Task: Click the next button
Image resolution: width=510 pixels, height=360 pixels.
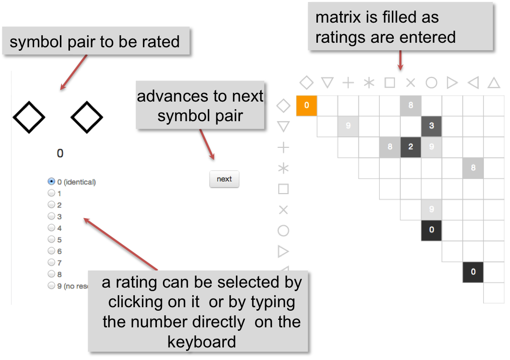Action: tap(224, 179)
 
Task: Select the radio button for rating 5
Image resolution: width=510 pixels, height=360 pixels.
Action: tap(51, 239)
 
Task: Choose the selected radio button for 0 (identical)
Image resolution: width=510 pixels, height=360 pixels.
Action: tap(51, 182)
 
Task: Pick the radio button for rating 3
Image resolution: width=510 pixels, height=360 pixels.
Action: tap(51, 216)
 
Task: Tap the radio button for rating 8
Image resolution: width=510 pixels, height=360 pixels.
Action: tap(51, 274)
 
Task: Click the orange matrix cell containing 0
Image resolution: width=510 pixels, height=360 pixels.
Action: tap(306, 106)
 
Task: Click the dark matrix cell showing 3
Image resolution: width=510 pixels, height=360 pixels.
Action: tap(432, 126)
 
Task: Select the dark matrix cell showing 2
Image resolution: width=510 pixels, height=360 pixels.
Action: tap(410, 147)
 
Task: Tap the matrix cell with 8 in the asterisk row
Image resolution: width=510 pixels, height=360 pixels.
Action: tap(473, 168)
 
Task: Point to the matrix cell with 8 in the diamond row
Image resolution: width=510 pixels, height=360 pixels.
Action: tap(410, 106)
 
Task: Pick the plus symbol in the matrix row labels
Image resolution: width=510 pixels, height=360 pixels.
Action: tap(283, 147)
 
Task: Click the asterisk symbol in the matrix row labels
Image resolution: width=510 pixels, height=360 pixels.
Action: tap(283, 168)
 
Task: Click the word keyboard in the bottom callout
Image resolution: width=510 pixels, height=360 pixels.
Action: tap(202, 342)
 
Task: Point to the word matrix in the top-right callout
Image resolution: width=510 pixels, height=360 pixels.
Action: tap(338, 17)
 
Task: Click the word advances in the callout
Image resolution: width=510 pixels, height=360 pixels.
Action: tap(173, 96)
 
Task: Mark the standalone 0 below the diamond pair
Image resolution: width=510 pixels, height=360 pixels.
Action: tap(60, 153)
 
